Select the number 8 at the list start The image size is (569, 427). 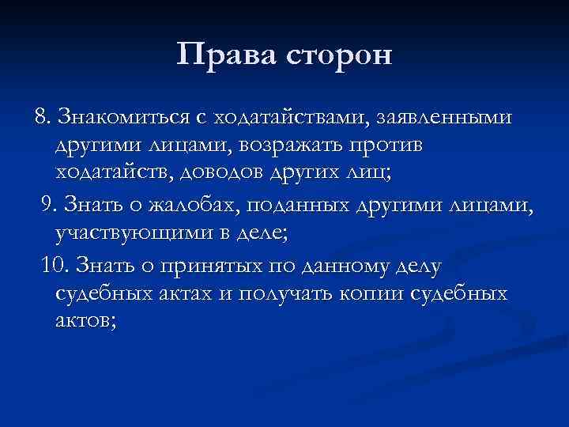point(39,118)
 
